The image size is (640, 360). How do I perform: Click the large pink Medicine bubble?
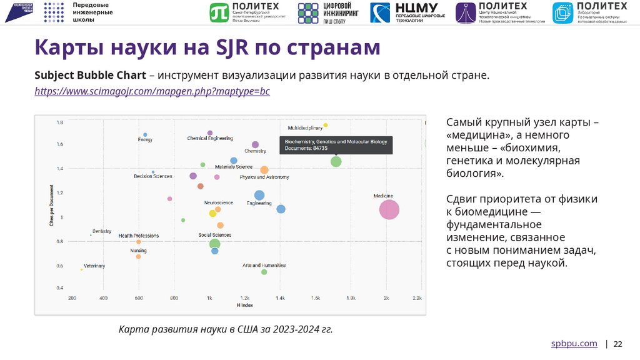click(x=389, y=210)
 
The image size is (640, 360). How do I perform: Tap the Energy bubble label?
click(x=145, y=140)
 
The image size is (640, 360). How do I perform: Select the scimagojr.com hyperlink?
click(x=152, y=91)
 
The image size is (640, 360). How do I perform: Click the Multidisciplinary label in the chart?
click(x=305, y=127)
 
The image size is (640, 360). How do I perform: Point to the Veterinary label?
click(x=94, y=266)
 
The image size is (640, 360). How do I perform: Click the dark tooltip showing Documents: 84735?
click(x=336, y=145)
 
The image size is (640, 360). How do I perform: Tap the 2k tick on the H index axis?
click(x=386, y=298)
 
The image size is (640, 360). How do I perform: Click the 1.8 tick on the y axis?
click(x=60, y=122)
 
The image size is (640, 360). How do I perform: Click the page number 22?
click(x=618, y=344)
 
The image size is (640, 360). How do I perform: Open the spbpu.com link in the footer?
click(x=574, y=344)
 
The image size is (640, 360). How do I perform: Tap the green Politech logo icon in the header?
click(x=219, y=12)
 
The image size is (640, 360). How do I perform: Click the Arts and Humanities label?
click(x=264, y=266)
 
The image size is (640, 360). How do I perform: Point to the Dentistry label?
click(x=102, y=231)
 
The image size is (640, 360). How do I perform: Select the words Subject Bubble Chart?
click(x=90, y=76)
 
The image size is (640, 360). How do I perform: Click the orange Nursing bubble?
click(x=138, y=256)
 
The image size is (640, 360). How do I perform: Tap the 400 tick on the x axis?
click(x=103, y=298)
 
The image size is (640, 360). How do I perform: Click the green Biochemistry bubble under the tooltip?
click(x=336, y=162)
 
